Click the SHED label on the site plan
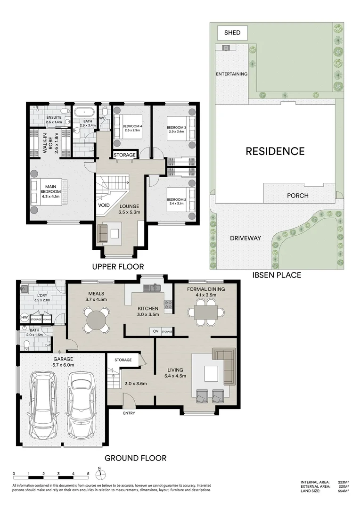232,33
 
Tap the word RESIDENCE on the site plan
275,151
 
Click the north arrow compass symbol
100,473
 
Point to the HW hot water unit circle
25,319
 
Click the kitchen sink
151,287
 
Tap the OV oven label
155,332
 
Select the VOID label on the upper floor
104,205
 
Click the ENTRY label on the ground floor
129,413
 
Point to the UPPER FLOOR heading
117,266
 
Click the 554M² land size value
343,491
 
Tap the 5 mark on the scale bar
88,474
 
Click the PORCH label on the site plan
297,196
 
